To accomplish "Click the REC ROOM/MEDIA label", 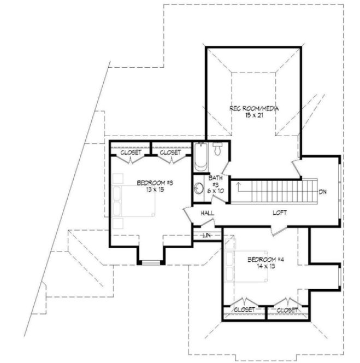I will (254, 108).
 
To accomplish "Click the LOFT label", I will (280, 212).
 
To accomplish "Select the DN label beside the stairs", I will (323, 192).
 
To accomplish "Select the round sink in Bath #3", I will (199, 189).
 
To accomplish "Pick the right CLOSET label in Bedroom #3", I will (170, 153).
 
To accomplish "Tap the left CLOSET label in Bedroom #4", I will (243, 309).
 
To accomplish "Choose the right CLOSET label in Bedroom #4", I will (287, 309).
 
